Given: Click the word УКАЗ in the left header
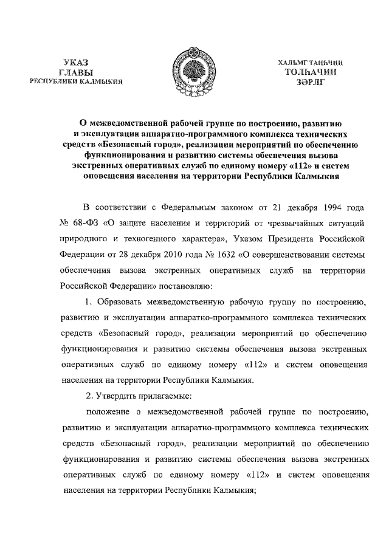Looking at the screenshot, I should coord(77,61).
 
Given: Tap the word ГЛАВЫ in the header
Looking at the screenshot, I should coord(77,72).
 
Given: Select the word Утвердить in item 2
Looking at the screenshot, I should coord(119,396).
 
